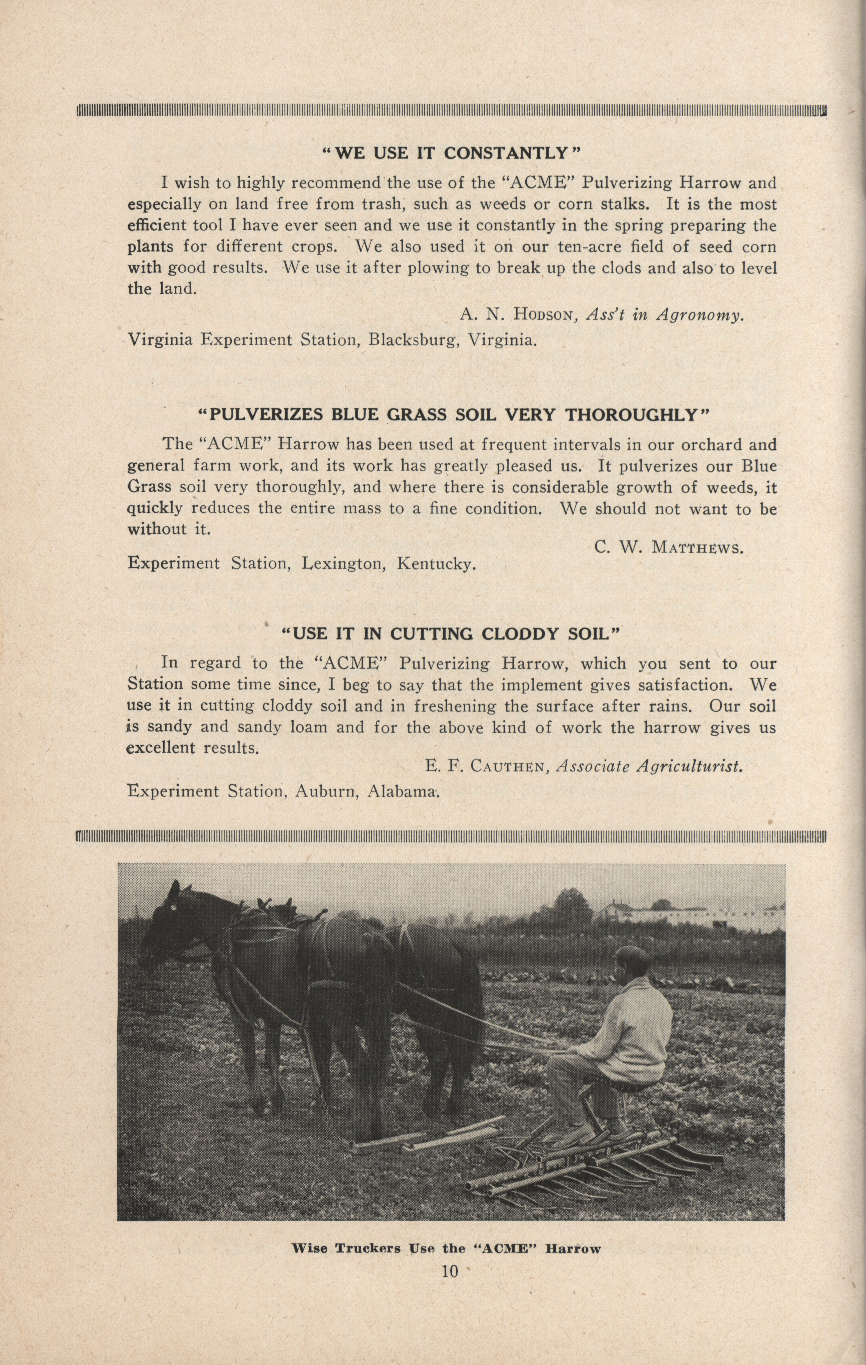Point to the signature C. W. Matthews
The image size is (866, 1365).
669,548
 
